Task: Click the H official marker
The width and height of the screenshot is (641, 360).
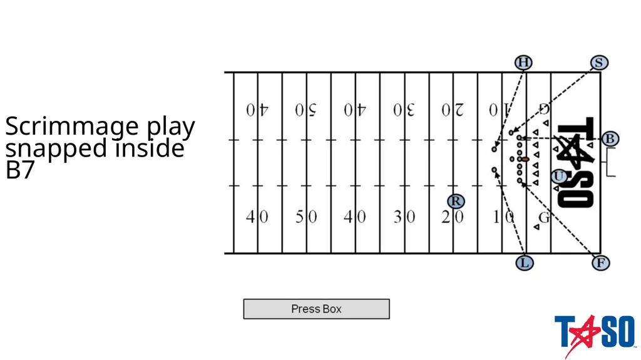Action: tap(523, 63)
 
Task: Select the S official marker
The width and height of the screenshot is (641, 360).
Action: tap(599, 63)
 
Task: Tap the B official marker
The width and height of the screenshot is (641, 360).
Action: tap(610, 139)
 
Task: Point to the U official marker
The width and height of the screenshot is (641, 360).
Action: tap(559, 177)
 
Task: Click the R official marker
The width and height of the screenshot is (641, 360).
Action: tap(456, 201)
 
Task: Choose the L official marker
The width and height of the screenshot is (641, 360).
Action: tap(525, 262)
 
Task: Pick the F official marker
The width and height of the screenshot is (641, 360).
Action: tap(600, 262)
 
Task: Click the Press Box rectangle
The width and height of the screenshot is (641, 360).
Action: tap(316, 309)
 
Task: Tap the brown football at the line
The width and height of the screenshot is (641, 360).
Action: tap(525, 159)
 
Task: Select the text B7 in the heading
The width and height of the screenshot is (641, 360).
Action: tap(19, 170)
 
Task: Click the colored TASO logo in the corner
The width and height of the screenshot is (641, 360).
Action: tap(595, 334)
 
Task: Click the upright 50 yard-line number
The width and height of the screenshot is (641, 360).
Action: tap(306, 217)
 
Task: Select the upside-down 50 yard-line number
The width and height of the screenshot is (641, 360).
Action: tap(306, 110)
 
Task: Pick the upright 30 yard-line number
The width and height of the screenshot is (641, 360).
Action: tap(404, 217)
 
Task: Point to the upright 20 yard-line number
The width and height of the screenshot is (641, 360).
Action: tap(453, 217)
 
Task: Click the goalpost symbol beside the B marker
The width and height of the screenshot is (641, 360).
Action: tap(609, 162)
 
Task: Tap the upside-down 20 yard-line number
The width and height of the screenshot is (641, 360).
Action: tap(453, 110)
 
